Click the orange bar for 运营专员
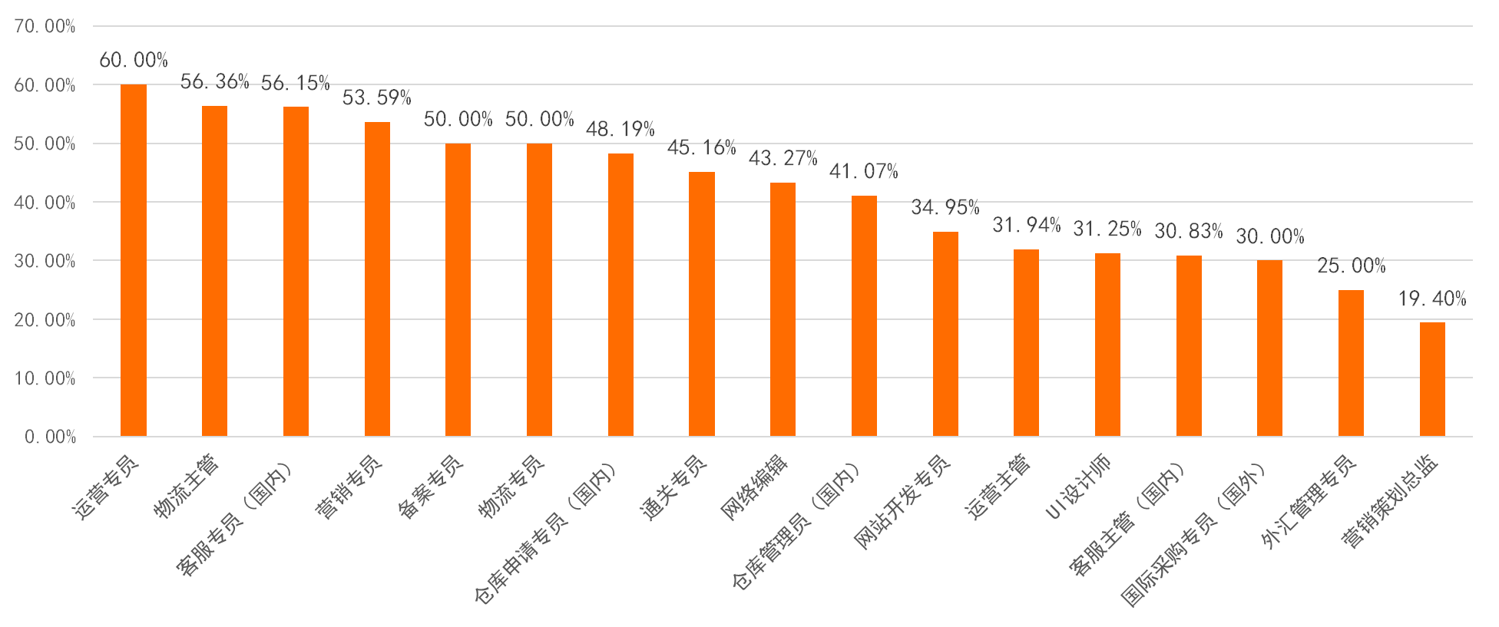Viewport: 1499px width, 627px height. click(134, 261)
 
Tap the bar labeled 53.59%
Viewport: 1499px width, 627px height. click(377, 279)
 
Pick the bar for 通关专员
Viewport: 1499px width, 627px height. click(702, 304)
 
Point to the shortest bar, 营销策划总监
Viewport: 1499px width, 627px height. click(1432, 379)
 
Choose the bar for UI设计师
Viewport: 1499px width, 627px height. click(1107, 345)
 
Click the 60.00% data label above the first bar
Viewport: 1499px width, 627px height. click(133, 60)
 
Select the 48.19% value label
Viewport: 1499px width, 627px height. click(620, 129)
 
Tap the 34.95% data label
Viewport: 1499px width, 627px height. click(945, 207)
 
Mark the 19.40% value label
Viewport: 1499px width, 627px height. click(1431, 299)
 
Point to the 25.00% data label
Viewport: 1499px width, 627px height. click(1351, 266)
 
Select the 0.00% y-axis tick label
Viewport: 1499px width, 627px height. click(50, 437)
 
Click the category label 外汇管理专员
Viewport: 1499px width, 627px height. click(1309, 502)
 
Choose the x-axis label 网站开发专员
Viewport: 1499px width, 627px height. click(902, 503)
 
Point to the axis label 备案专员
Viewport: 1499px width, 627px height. click(430, 487)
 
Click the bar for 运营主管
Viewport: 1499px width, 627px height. click(1026, 343)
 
